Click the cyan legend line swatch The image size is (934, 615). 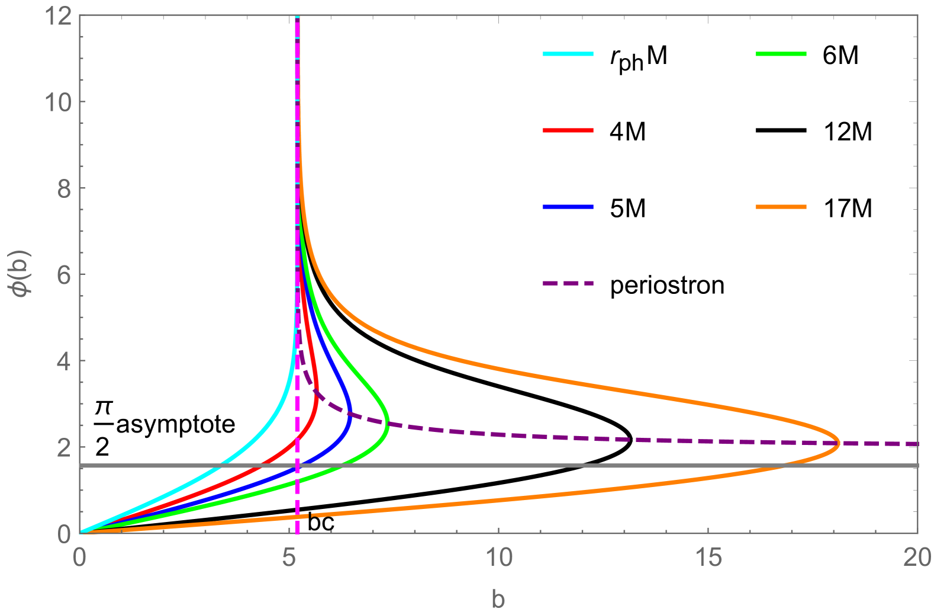pyautogui.click(x=568, y=54)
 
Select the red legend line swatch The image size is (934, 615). pyautogui.click(x=568, y=130)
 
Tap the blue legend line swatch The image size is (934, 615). pyautogui.click(x=568, y=207)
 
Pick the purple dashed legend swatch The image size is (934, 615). pyautogui.click(x=568, y=283)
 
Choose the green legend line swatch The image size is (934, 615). pyautogui.click(x=781, y=54)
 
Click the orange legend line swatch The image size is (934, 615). pyautogui.click(x=781, y=207)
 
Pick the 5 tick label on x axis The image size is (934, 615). pyautogui.click(x=289, y=558)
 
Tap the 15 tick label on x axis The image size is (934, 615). pyautogui.click(x=708, y=558)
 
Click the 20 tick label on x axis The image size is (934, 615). pyautogui.click(x=917, y=558)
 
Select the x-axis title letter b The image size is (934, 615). pyautogui.click(x=498, y=599)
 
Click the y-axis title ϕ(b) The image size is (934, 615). pyautogui.click(x=22, y=274)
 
